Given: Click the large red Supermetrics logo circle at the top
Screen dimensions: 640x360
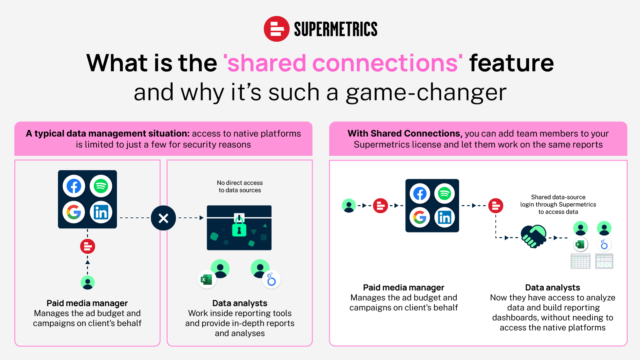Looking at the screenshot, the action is pyautogui.click(x=277, y=29).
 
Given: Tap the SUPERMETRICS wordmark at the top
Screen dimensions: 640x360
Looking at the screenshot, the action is pyautogui.click(x=335, y=29).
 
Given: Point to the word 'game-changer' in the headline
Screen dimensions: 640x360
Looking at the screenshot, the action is pyautogui.click(x=426, y=93).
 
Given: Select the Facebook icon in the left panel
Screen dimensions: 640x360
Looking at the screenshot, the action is pyautogui.click(x=74, y=186).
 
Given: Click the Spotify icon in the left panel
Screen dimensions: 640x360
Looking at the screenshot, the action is pyautogui.click(x=101, y=186).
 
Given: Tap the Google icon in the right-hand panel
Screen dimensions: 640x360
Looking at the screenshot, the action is pyautogui.click(x=420, y=217).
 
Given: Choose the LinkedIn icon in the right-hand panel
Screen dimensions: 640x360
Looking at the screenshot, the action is pyautogui.click(x=444, y=217).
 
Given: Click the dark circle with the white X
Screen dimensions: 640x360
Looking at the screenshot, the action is pyautogui.click(x=163, y=218).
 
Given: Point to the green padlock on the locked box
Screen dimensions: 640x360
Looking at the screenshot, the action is pyautogui.click(x=239, y=226).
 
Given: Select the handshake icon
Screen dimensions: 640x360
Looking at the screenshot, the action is pyautogui.click(x=533, y=236).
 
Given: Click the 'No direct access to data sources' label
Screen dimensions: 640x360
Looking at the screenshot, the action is pyautogui.click(x=240, y=186).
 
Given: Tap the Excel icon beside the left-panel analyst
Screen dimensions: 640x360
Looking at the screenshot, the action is pyautogui.click(x=207, y=279).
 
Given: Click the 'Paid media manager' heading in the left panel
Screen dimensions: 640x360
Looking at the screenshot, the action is pyautogui.click(x=87, y=303).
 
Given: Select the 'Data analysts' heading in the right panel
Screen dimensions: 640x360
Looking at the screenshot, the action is pyautogui.click(x=553, y=287).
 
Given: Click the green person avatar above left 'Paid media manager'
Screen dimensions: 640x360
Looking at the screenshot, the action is pyautogui.click(x=88, y=283).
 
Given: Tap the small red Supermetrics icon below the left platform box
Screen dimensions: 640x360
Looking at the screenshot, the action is pyautogui.click(x=88, y=246).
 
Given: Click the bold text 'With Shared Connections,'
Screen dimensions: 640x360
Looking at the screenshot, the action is pyautogui.click(x=405, y=134).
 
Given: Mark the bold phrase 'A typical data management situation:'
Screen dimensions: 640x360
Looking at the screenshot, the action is pyautogui.click(x=108, y=134).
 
